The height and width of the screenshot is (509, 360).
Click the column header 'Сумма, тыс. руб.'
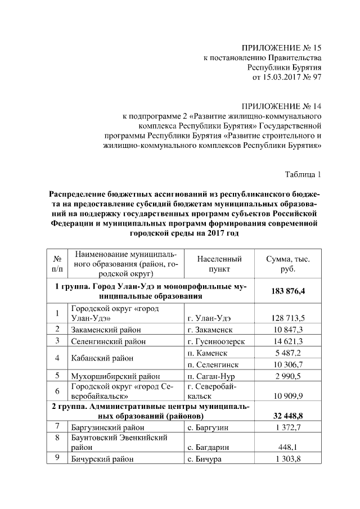pyautogui.click(x=287, y=264)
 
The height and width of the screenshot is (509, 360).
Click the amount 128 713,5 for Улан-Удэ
pyautogui.click(x=287, y=318)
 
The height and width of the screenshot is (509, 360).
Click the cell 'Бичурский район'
pyautogui.click(x=102, y=459)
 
